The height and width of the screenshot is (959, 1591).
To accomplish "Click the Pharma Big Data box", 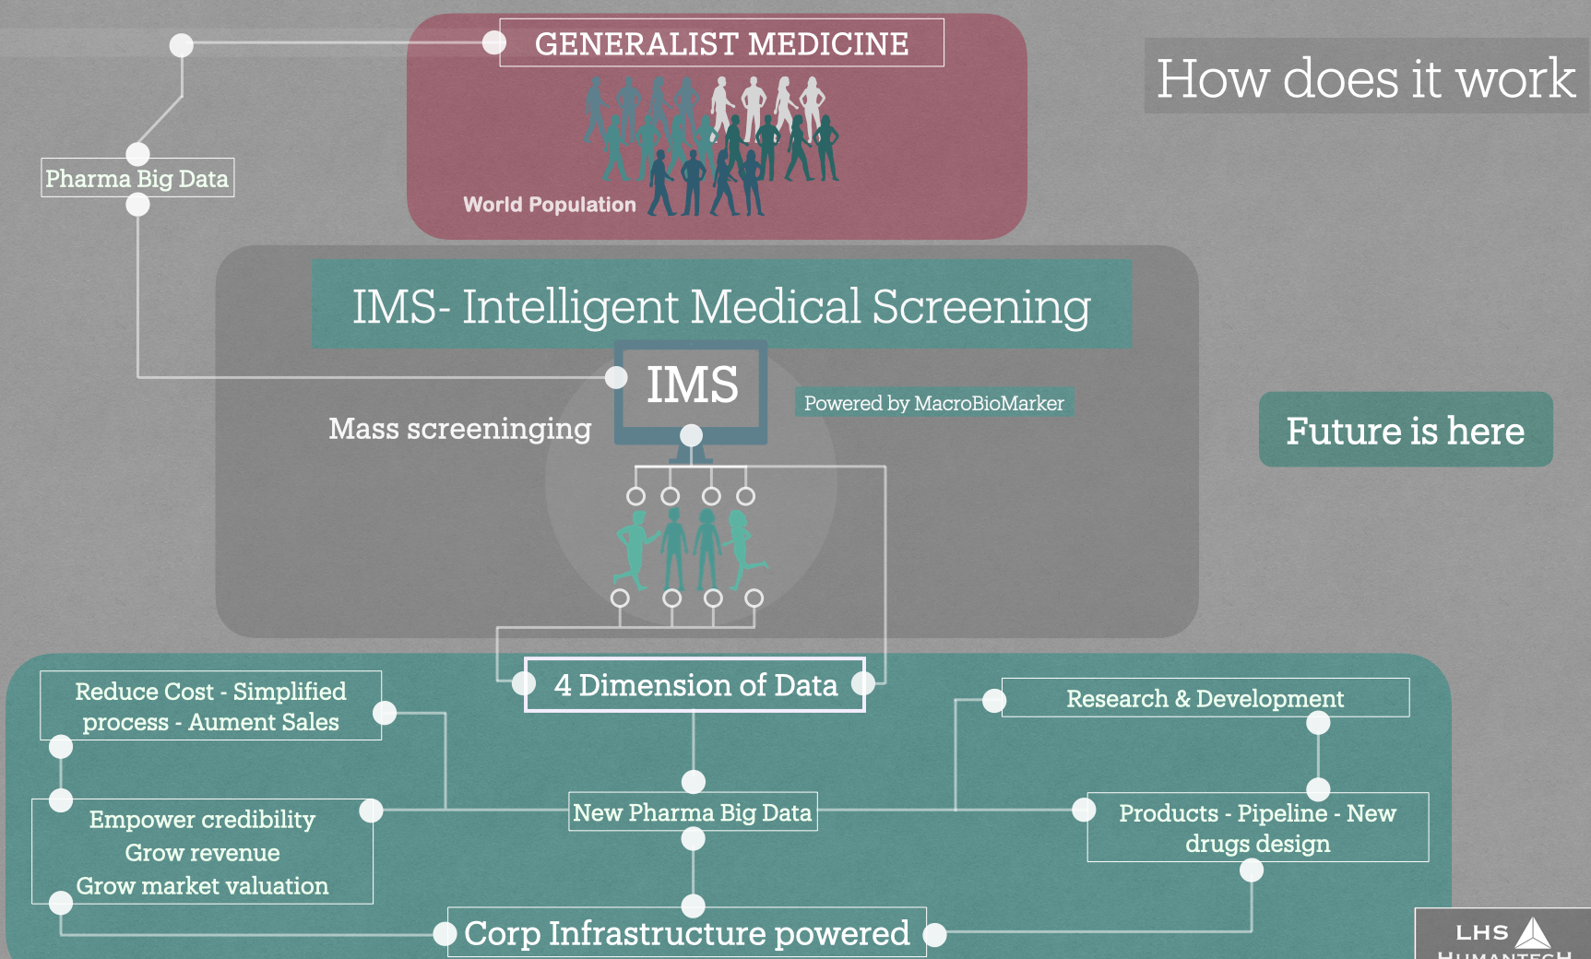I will click(137, 178).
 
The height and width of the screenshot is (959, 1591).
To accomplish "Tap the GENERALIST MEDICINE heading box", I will click(721, 43).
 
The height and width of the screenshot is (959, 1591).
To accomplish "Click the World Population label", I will click(549, 205).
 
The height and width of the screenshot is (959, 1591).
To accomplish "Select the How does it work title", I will click(1365, 77).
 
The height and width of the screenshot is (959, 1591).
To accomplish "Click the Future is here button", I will click(1405, 431).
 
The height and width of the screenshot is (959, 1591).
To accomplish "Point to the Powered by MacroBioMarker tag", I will click(933, 403).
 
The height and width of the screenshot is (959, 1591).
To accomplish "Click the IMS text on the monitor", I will click(692, 385).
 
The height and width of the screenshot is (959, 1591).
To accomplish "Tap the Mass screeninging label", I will click(459, 429).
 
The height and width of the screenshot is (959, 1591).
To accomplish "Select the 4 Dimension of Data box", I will click(695, 685).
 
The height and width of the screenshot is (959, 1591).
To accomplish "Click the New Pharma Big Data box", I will click(692, 812).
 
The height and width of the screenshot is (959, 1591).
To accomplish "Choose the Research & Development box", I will click(1205, 698).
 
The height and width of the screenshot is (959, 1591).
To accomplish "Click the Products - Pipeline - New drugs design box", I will click(1257, 827).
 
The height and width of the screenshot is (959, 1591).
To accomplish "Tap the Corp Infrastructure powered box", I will click(686, 933).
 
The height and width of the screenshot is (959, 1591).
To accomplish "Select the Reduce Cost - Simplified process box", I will click(210, 705).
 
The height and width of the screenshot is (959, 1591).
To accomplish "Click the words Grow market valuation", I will click(202, 886).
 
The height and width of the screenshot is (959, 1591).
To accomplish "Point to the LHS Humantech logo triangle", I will click(1533, 933).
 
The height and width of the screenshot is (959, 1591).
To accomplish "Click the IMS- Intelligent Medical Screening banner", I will click(721, 305).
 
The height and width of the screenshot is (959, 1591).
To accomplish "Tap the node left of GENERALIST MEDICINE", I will click(494, 42).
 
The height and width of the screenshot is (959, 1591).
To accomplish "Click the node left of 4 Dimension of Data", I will click(524, 683).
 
